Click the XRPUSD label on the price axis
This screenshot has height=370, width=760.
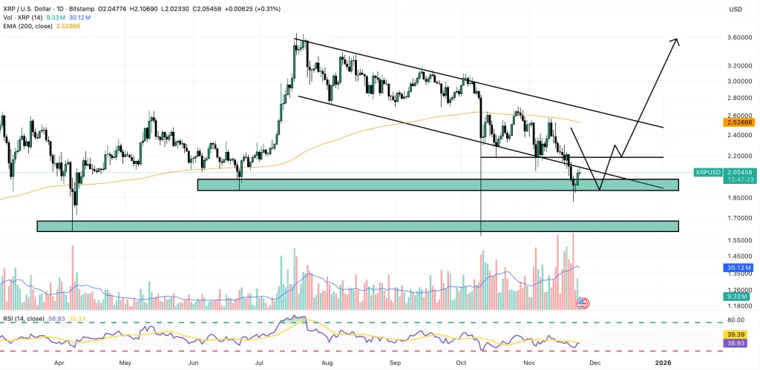pyautogui.click(x=707, y=172)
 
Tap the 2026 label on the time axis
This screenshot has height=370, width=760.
pyautogui.click(x=662, y=363)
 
